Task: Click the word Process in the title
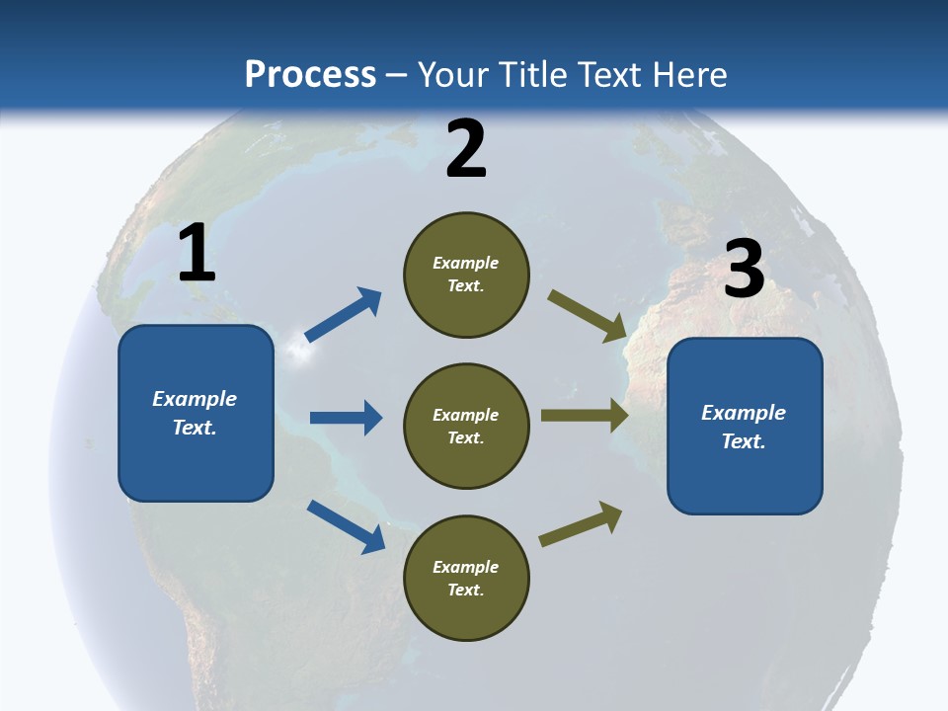pos(310,75)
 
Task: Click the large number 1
pos(197,254)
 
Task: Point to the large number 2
pos(466,149)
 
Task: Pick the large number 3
pos(745,270)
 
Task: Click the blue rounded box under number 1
pos(196,413)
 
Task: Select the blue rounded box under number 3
pos(745,426)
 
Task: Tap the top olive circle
pos(466,275)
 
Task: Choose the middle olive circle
pos(466,426)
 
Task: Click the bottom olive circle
pos(466,578)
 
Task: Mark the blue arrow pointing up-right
pos(344,314)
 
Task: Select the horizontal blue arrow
pos(346,418)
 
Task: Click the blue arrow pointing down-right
pos(346,525)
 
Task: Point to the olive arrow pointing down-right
pos(588,316)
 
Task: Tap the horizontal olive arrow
pos(585,416)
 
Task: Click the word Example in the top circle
pos(466,264)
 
